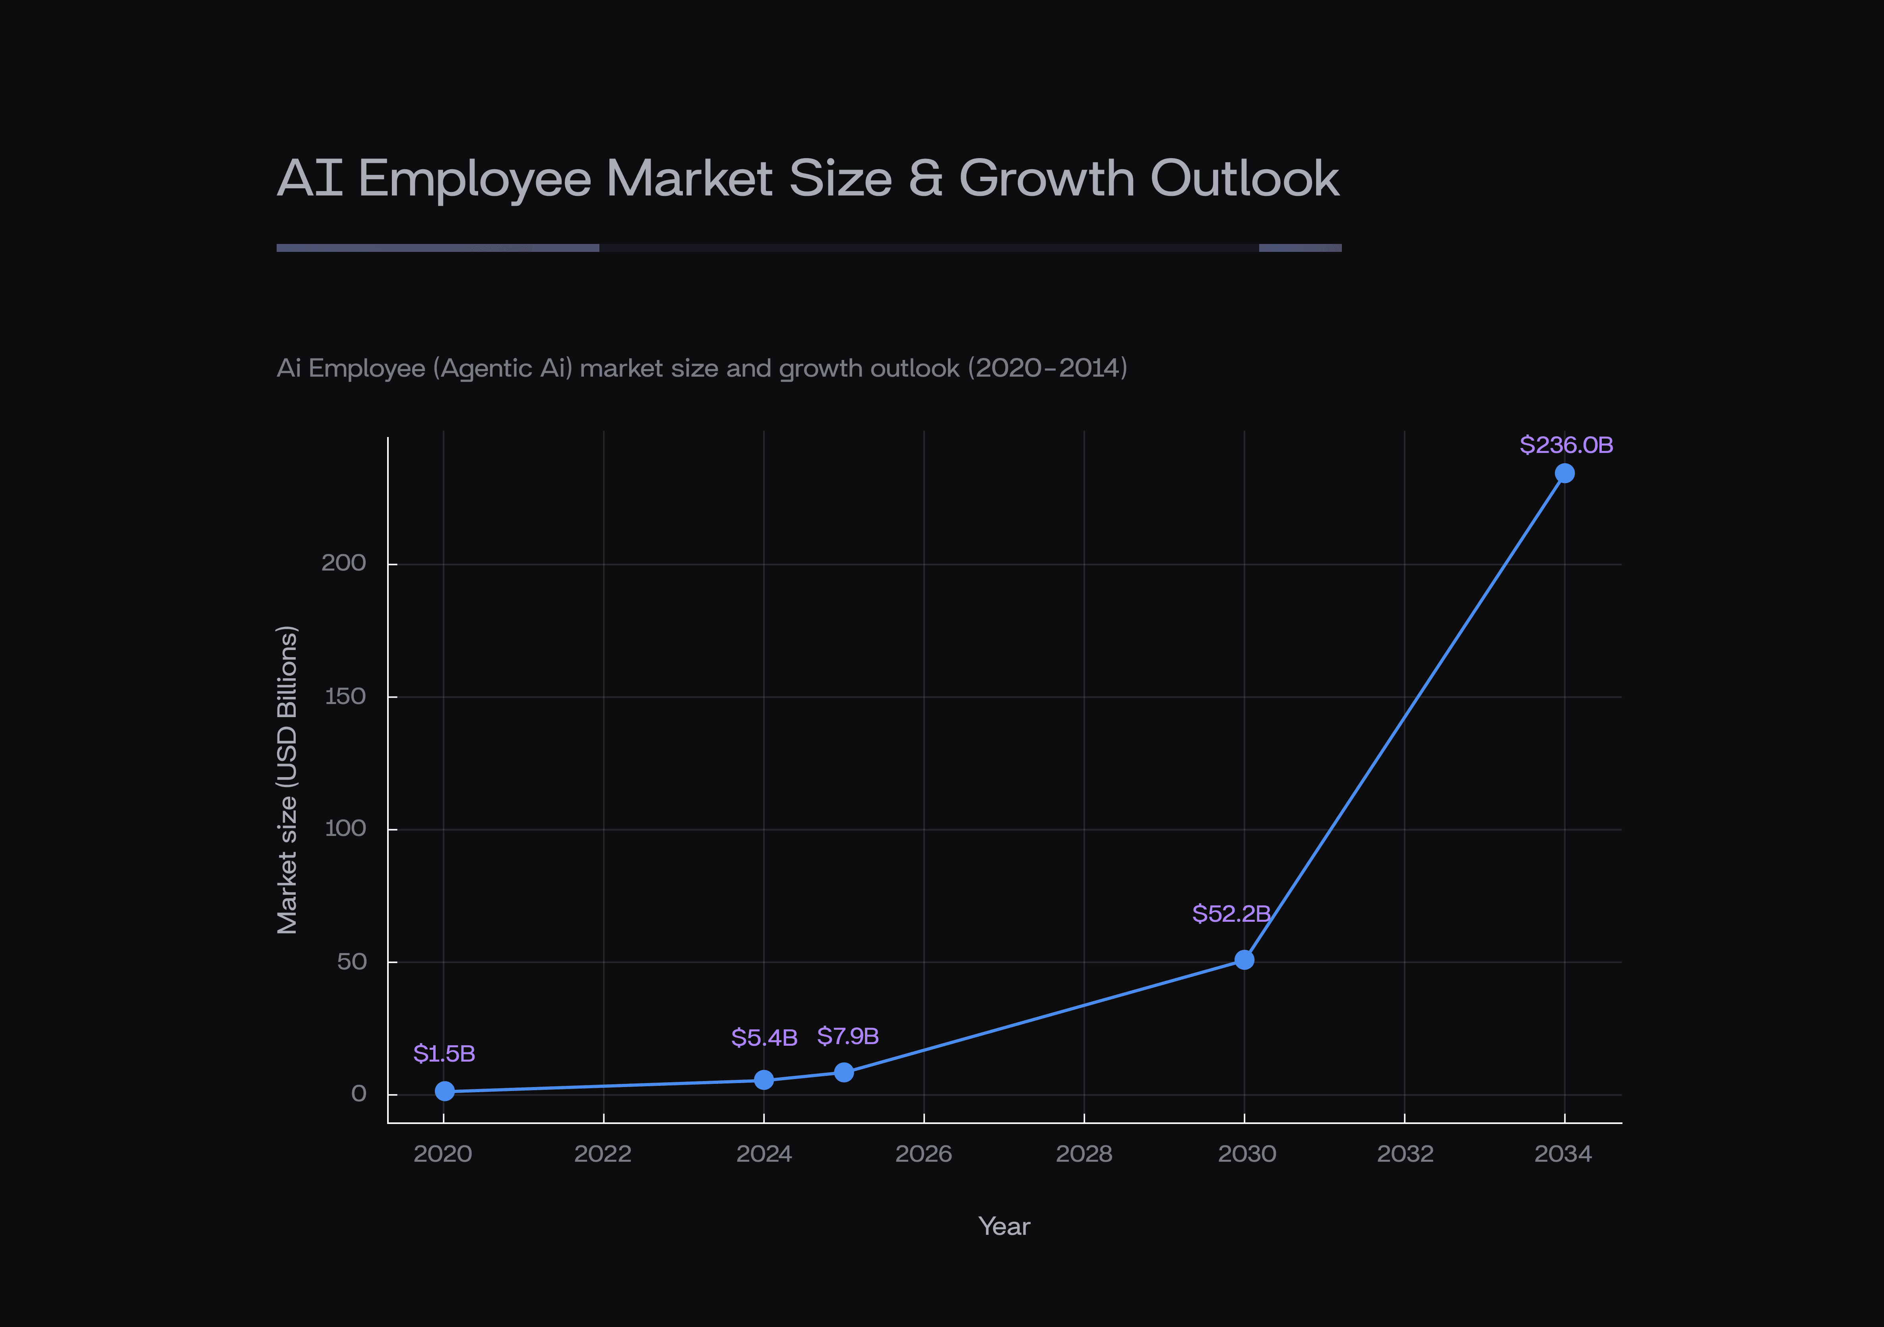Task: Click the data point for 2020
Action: point(444,1091)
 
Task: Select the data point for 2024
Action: point(763,1079)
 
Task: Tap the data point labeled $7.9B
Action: point(843,1072)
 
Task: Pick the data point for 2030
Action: point(1244,959)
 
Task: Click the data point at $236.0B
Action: point(1564,473)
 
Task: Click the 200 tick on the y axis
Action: point(343,563)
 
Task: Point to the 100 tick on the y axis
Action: point(345,828)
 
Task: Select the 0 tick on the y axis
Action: point(359,1093)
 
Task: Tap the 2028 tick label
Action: point(1083,1154)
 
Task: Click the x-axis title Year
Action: point(1004,1226)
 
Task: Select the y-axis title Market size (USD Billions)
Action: point(286,780)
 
